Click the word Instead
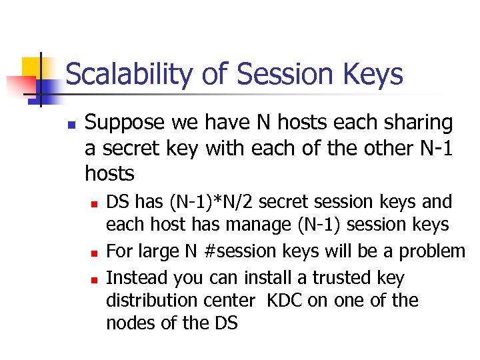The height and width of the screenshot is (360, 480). (x=137, y=277)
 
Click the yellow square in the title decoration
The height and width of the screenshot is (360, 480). (x=33, y=67)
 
